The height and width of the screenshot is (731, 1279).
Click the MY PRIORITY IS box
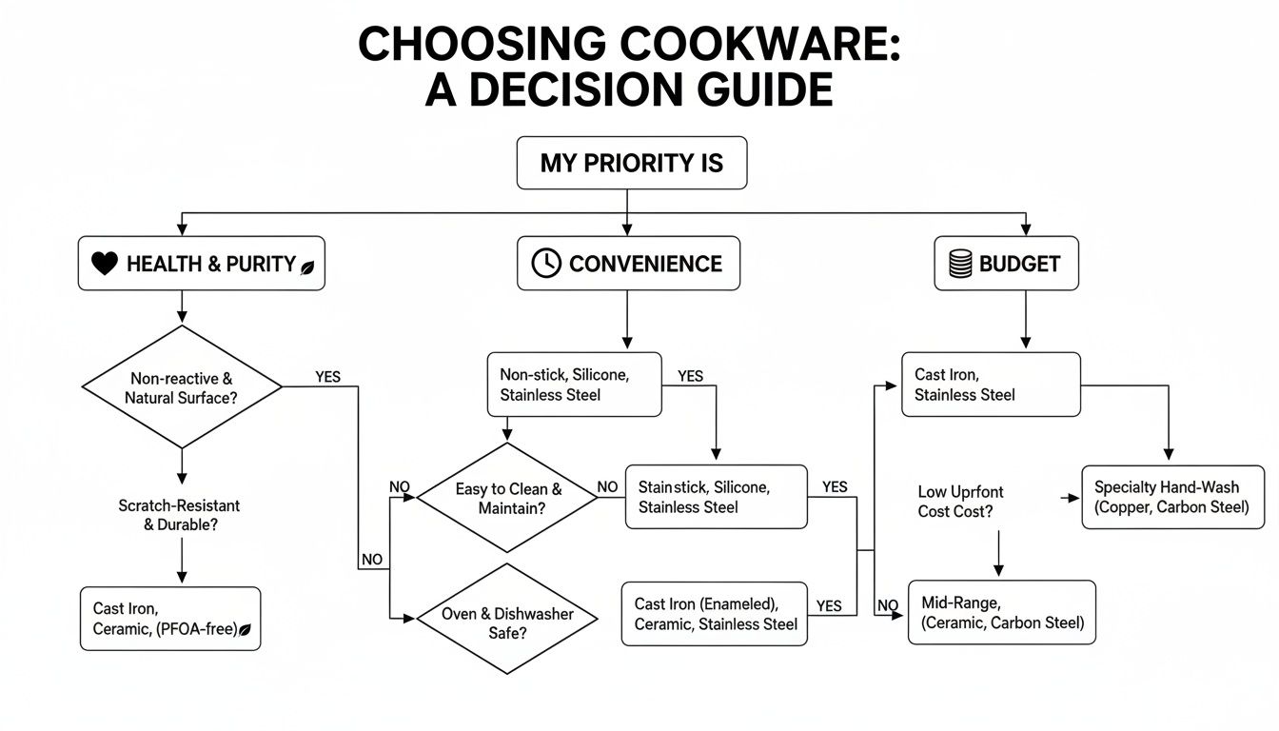point(631,163)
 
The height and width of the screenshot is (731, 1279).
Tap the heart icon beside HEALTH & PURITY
point(104,265)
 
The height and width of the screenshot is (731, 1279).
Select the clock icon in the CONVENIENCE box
point(546,264)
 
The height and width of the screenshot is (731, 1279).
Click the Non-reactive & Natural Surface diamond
point(181,387)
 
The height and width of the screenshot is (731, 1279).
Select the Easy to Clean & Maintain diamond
point(508,499)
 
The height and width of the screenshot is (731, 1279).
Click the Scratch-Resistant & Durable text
point(179,515)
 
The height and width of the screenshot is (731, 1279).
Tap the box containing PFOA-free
point(170,619)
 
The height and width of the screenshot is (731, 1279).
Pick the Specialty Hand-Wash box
point(1172,497)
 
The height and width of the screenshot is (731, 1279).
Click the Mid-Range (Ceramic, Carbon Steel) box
point(1001,612)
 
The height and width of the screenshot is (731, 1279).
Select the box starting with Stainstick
point(716,497)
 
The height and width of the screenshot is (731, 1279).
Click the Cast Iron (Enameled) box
point(715,614)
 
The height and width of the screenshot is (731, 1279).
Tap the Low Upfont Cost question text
point(960,502)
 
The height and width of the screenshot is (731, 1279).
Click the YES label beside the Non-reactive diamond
point(327,377)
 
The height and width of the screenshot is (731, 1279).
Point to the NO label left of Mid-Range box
point(887,605)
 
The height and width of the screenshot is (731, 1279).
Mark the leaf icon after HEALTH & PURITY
point(307,267)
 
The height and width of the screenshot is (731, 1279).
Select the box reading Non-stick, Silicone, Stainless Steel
point(574,385)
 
